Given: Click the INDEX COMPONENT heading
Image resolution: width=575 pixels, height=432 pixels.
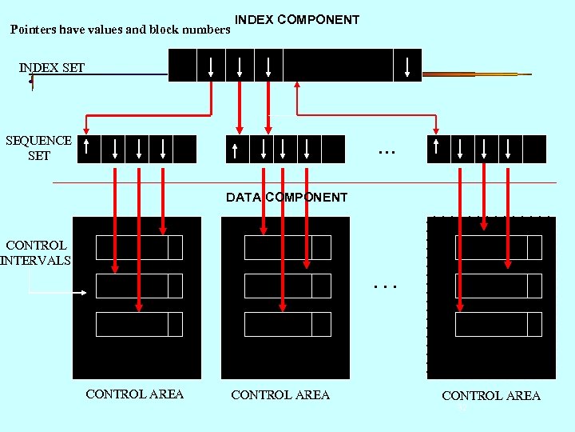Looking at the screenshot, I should pyautogui.click(x=297, y=20).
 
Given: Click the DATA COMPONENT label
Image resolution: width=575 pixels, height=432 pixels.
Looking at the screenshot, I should pyautogui.click(x=287, y=197).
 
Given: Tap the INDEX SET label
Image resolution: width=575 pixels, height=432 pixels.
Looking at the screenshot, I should pyautogui.click(x=52, y=67).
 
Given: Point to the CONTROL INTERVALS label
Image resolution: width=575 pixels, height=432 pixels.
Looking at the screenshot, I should pyautogui.click(x=35, y=252).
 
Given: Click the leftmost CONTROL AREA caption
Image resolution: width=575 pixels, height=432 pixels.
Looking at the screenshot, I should pyautogui.click(x=134, y=394).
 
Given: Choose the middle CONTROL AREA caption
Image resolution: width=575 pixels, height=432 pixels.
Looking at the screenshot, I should pyautogui.click(x=280, y=394).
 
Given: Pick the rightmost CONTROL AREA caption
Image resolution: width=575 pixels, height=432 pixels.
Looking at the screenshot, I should pyautogui.click(x=491, y=395).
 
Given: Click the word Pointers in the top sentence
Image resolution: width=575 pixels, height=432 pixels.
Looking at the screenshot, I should pyautogui.click(x=34, y=30).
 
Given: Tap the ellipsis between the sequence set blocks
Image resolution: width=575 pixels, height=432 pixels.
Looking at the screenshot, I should pyautogui.click(x=387, y=150).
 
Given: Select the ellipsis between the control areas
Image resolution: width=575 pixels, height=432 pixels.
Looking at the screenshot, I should pyautogui.click(x=386, y=284).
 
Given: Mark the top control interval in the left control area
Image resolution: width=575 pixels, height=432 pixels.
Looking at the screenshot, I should pyautogui.click(x=139, y=248).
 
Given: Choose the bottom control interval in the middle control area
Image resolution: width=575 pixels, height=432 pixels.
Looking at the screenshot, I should pyautogui.click(x=287, y=324).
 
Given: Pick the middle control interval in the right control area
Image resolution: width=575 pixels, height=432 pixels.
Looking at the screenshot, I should pyautogui.click(x=498, y=286).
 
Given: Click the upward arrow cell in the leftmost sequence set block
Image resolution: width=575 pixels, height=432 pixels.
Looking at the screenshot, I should pyautogui.click(x=89, y=149).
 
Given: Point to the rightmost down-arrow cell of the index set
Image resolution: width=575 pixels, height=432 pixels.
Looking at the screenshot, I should pyautogui.click(x=407, y=66).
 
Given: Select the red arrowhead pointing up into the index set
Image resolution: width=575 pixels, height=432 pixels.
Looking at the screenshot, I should pyautogui.click(x=297, y=86).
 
